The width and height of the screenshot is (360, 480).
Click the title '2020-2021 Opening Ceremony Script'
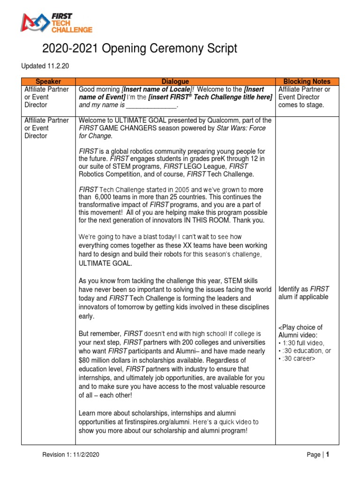click(x=140, y=48)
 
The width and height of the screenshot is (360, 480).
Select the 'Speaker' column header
click(x=48, y=82)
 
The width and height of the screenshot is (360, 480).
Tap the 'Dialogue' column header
click(x=175, y=82)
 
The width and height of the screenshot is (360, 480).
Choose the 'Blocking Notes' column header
click(x=307, y=82)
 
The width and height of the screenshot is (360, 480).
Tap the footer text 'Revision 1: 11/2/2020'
click(x=71, y=455)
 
